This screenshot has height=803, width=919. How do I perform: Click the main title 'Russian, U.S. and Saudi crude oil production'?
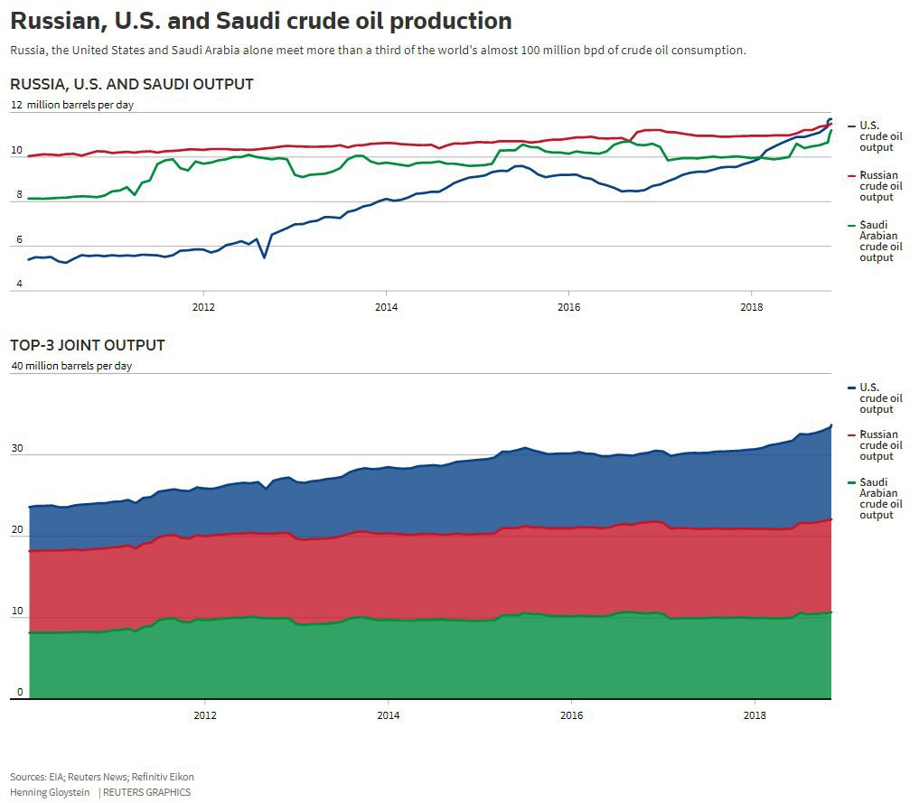261,21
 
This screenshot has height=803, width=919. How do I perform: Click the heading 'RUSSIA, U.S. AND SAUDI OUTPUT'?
132,84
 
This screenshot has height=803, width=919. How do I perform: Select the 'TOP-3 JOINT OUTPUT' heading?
88,345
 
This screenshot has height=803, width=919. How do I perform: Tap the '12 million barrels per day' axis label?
72,105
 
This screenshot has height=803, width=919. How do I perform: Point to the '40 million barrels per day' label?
71,366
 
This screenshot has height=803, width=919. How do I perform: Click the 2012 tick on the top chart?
204,307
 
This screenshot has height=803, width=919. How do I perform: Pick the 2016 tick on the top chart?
568,307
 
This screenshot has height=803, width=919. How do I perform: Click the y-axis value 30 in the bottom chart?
16,449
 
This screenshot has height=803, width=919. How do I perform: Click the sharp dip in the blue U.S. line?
264,257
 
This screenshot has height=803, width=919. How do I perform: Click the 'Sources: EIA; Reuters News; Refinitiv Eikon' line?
102,777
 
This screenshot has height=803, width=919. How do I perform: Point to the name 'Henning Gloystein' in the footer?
51,792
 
